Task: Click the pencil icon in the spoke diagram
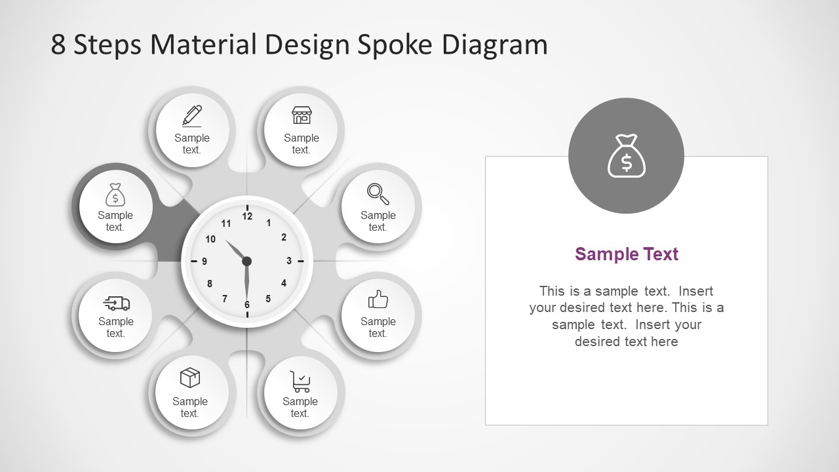[x=192, y=115]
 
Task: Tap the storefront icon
[x=302, y=115]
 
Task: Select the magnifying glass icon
[x=378, y=193]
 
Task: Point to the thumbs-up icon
[x=378, y=300]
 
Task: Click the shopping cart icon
[x=300, y=381]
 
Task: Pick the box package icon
[x=190, y=378]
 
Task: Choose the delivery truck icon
[x=117, y=303]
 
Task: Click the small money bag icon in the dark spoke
[x=115, y=195]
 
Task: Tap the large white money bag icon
[x=627, y=156]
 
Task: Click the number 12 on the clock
[x=247, y=216]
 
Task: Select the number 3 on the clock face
[x=289, y=261]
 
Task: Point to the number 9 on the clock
[x=205, y=262]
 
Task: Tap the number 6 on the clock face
[x=247, y=305]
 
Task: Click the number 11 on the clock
[x=226, y=224]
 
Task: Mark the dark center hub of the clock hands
[x=247, y=262]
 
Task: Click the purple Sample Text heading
[x=627, y=254]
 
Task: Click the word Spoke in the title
[x=395, y=45]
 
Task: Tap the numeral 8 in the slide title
[x=58, y=45]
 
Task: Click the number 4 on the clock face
[x=284, y=283]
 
